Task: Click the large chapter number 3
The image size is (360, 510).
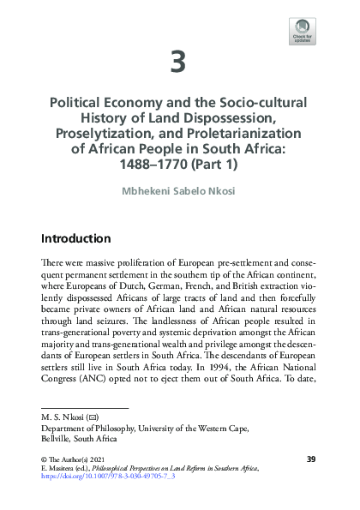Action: click(x=180, y=62)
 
